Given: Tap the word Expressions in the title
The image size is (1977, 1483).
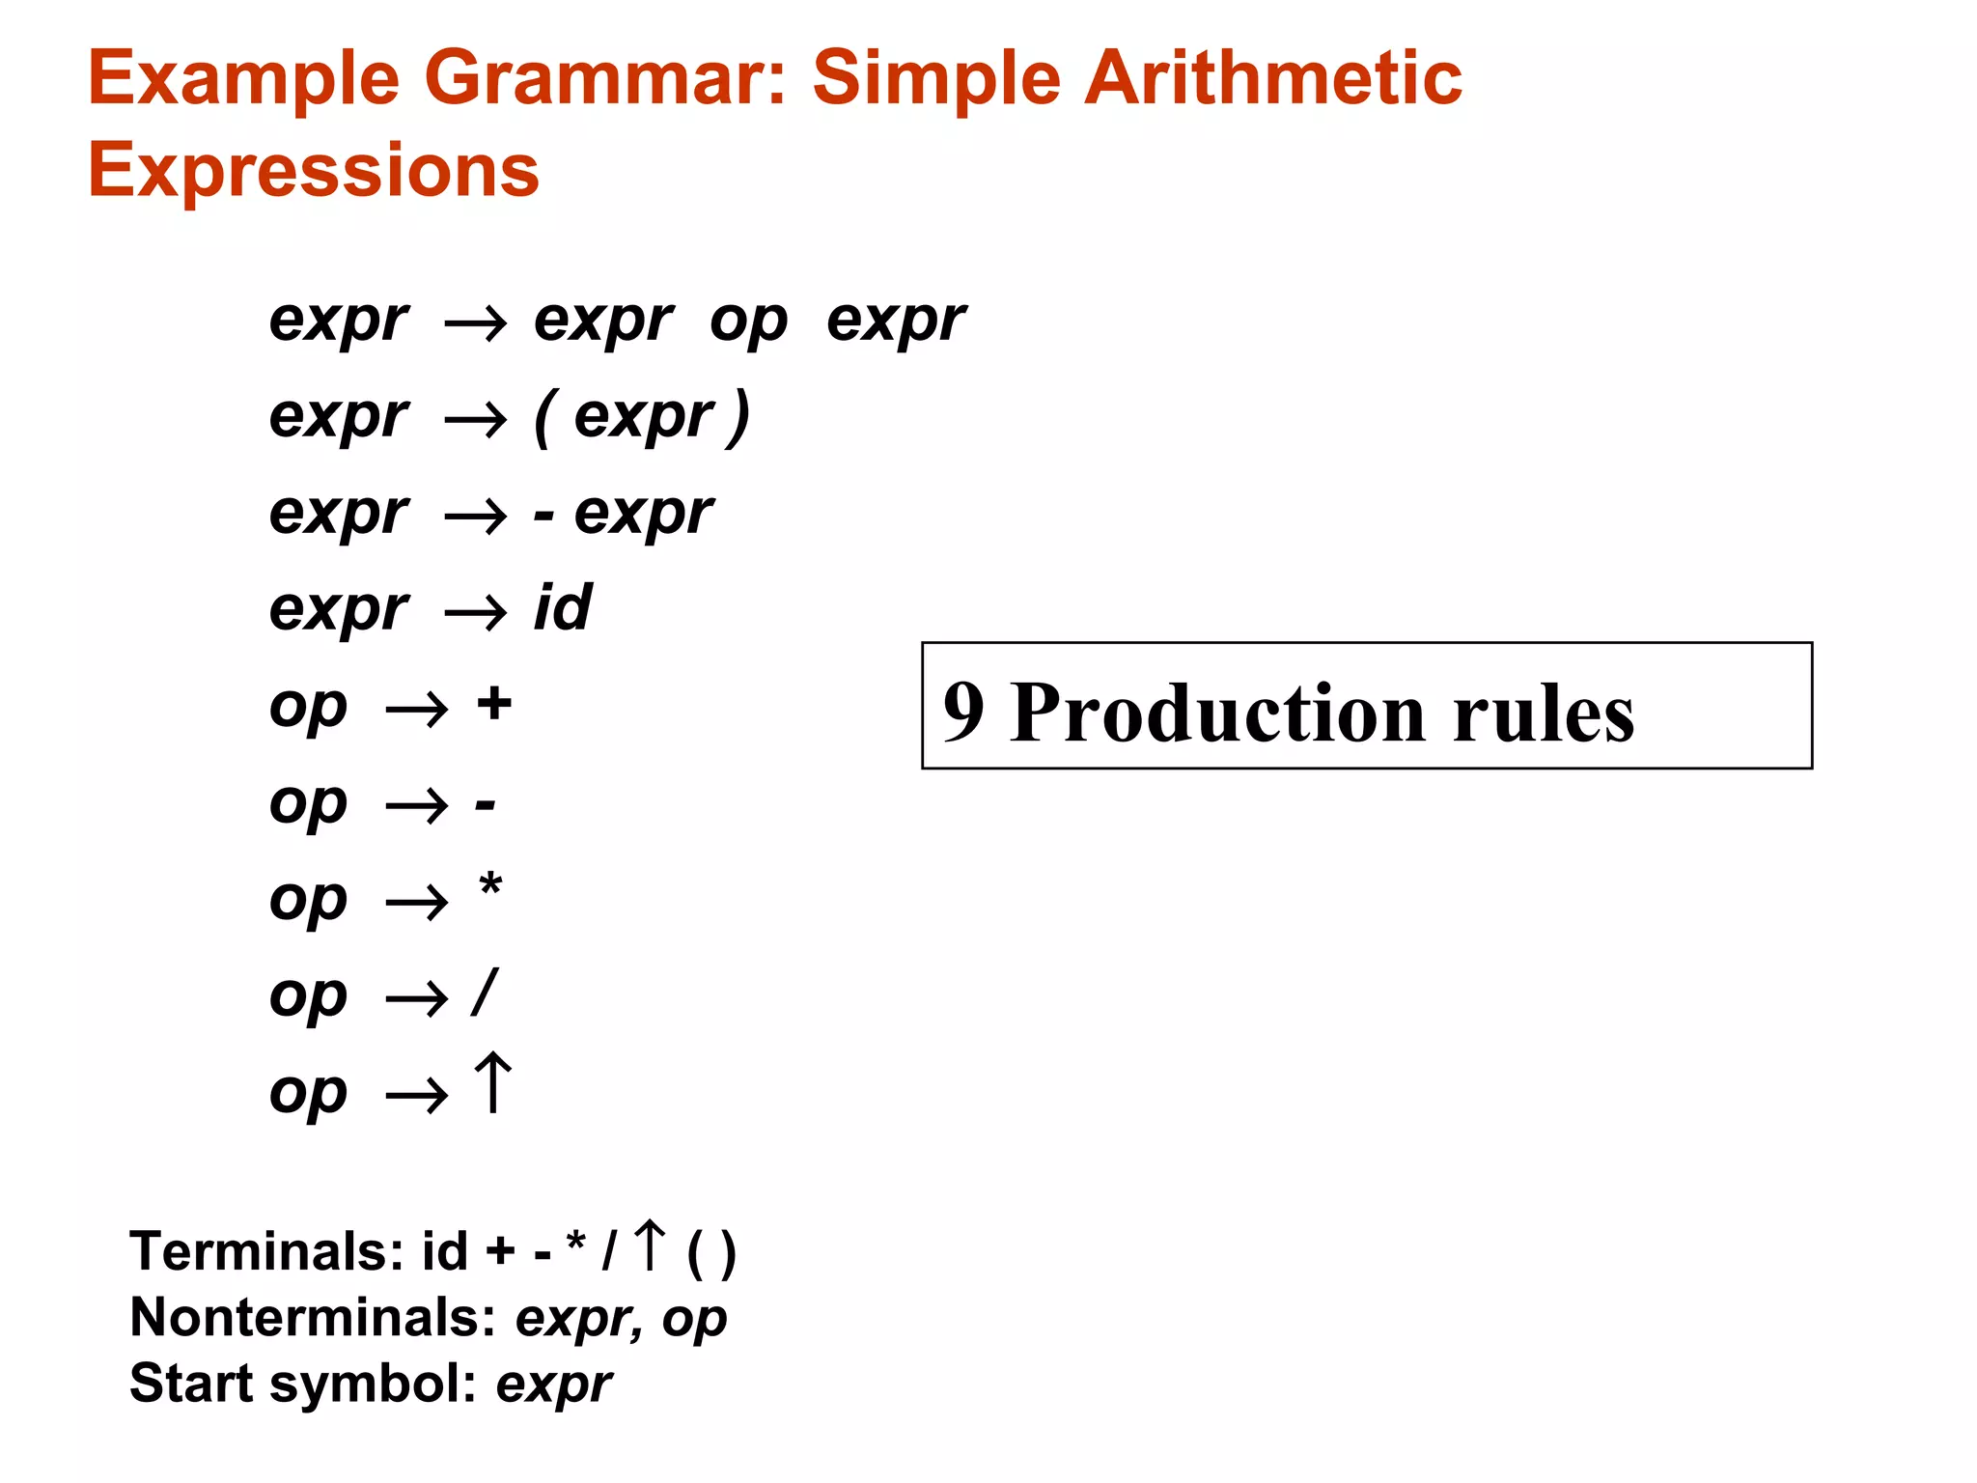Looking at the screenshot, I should (x=313, y=171).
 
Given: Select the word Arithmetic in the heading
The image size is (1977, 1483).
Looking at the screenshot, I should (x=1273, y=79).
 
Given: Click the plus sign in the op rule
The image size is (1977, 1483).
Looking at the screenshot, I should (x=494, y=703).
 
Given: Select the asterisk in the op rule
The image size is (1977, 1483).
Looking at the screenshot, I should (x=490, y=884).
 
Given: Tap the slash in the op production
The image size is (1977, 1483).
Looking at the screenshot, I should (x=485, y=993).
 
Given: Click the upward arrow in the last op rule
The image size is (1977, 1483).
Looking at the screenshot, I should (x=492, y=1083).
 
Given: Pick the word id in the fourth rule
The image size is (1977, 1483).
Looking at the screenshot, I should (x=563, y=608).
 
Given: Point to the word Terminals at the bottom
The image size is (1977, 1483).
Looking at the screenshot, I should (x=266, y=1251).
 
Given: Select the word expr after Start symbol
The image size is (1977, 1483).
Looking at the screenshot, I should (x=553, y=1385).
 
